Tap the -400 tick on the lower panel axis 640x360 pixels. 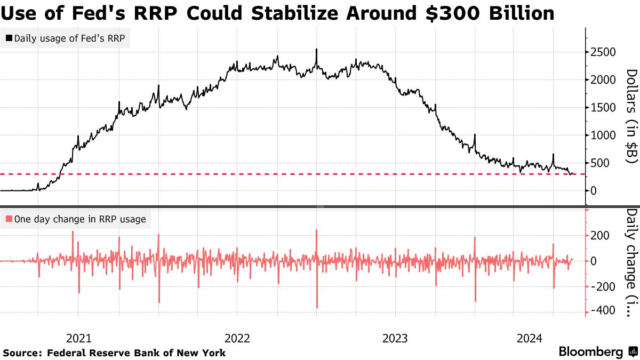point(603,310)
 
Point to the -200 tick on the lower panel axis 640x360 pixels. point(603,286)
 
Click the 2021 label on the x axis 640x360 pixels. point(78,338)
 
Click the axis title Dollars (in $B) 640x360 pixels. point(631,116)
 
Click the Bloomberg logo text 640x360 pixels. point(591,352)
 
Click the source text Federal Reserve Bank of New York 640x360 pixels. point(136,353)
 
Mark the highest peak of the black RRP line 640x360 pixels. point(316,49)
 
